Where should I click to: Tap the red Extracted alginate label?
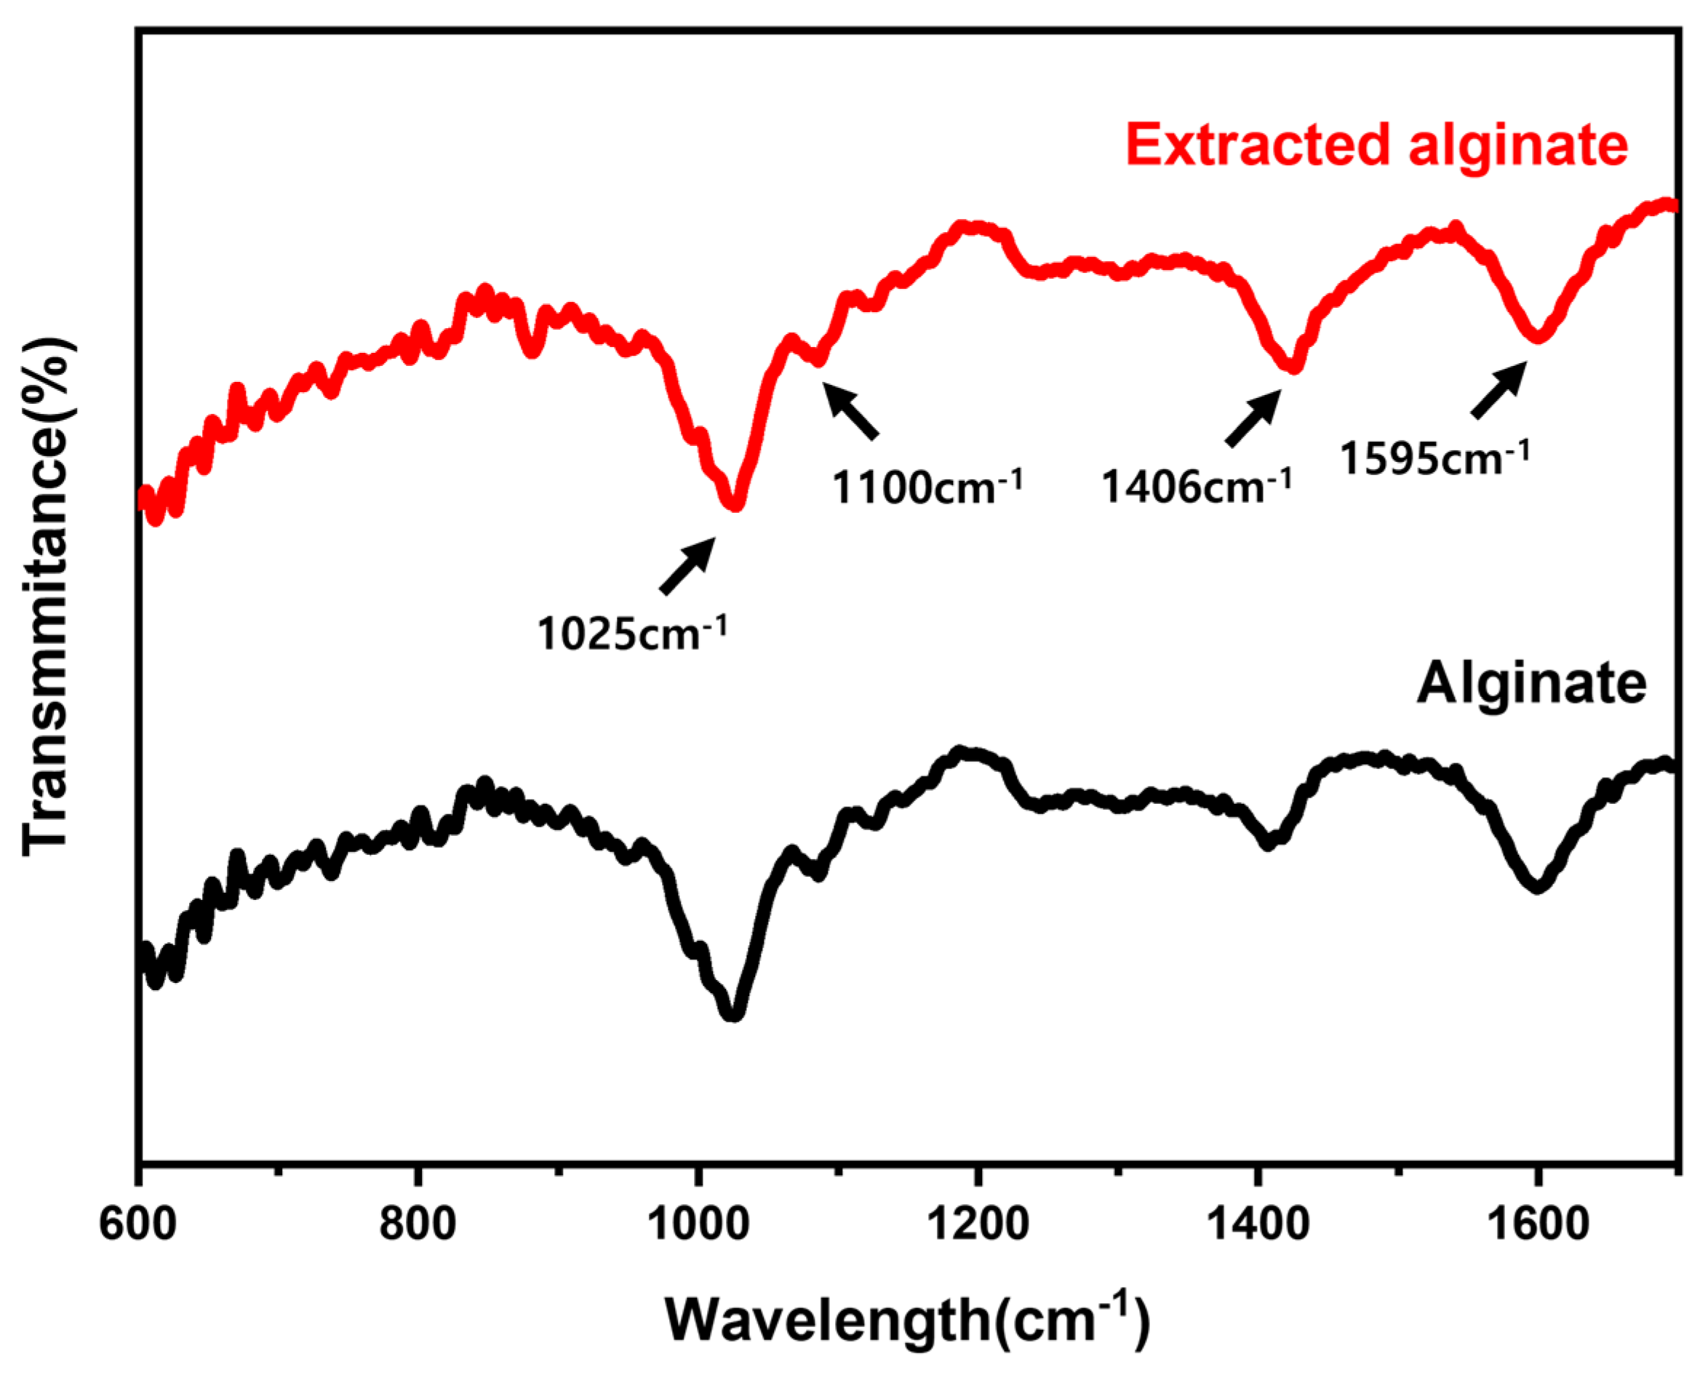[1376, 146]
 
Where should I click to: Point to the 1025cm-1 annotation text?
[631, 634]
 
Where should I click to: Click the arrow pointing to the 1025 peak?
[687, 565]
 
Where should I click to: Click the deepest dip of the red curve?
[735, 504]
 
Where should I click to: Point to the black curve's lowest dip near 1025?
[733, 1013]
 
